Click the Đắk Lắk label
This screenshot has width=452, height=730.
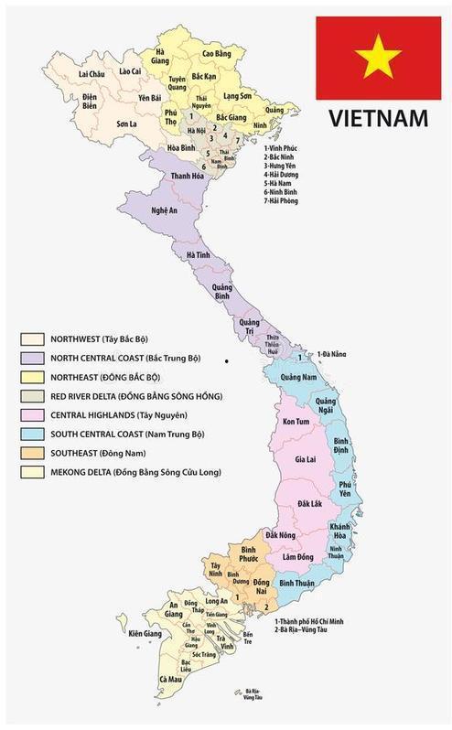coord(309,505)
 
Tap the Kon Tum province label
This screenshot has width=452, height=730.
coord(295,421)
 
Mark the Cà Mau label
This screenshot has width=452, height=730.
coord(170,679)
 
